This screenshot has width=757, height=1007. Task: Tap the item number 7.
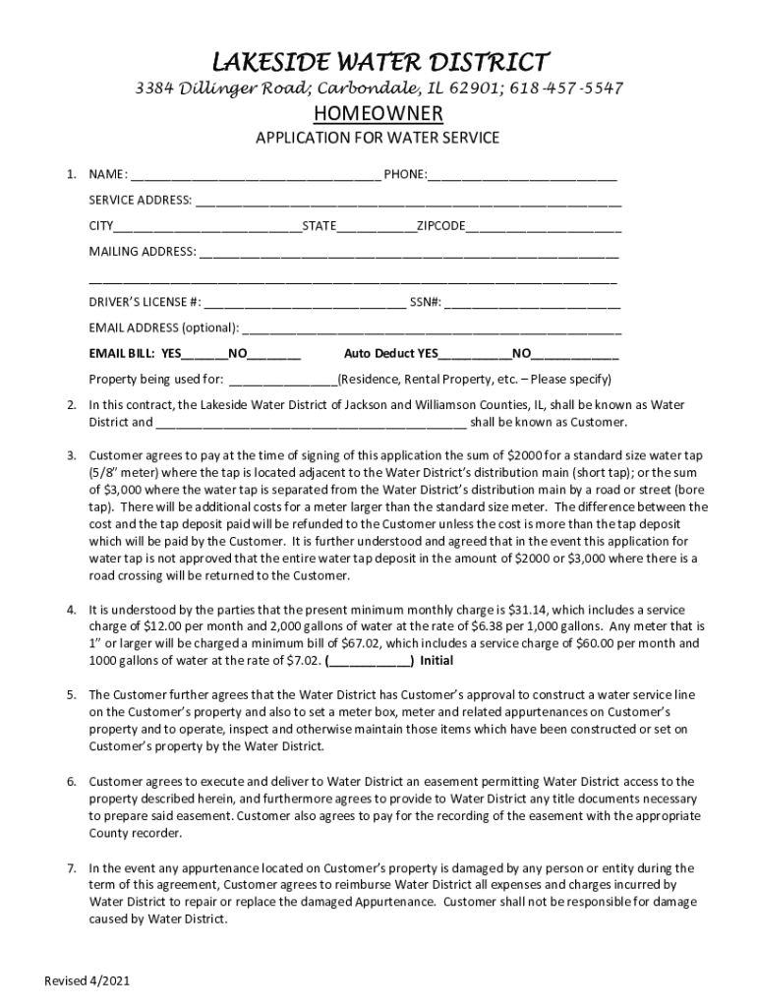tap(72, 868)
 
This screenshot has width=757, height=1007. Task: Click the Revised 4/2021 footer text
tap(87, 981)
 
